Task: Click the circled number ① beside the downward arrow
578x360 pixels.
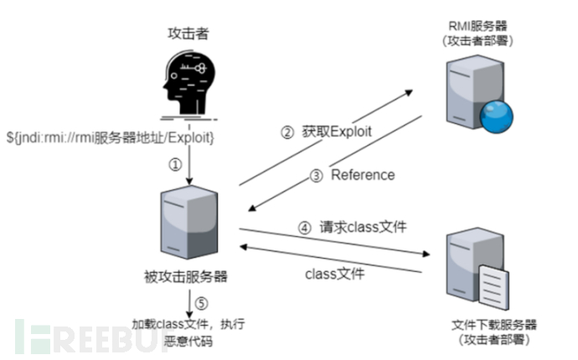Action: click(x=175, y=164)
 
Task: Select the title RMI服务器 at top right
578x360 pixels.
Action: click(x=470, y=27)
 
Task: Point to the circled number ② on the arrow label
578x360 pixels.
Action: click(x=286, y=131)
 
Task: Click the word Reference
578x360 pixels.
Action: click(x=363, y=176)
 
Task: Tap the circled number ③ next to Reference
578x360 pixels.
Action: click(x=317, y=176)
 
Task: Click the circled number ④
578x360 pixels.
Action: click(x=305, y=227)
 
